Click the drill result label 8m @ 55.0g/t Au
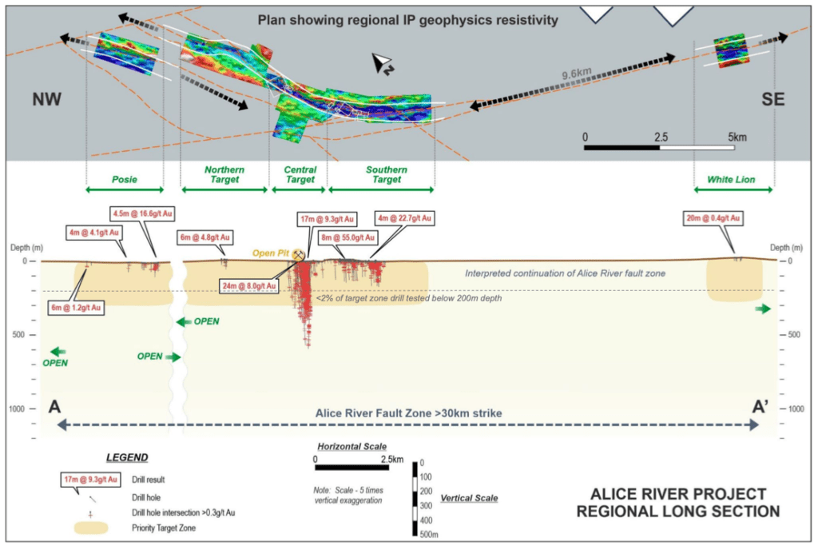pos(345,237)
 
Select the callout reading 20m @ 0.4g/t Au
pos(713,218)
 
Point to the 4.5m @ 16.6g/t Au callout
pos(139,213)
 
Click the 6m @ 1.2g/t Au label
pos(76,307)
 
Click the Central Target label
pos(300,175)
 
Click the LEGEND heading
pos(127,457)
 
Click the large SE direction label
pos(773,100)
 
